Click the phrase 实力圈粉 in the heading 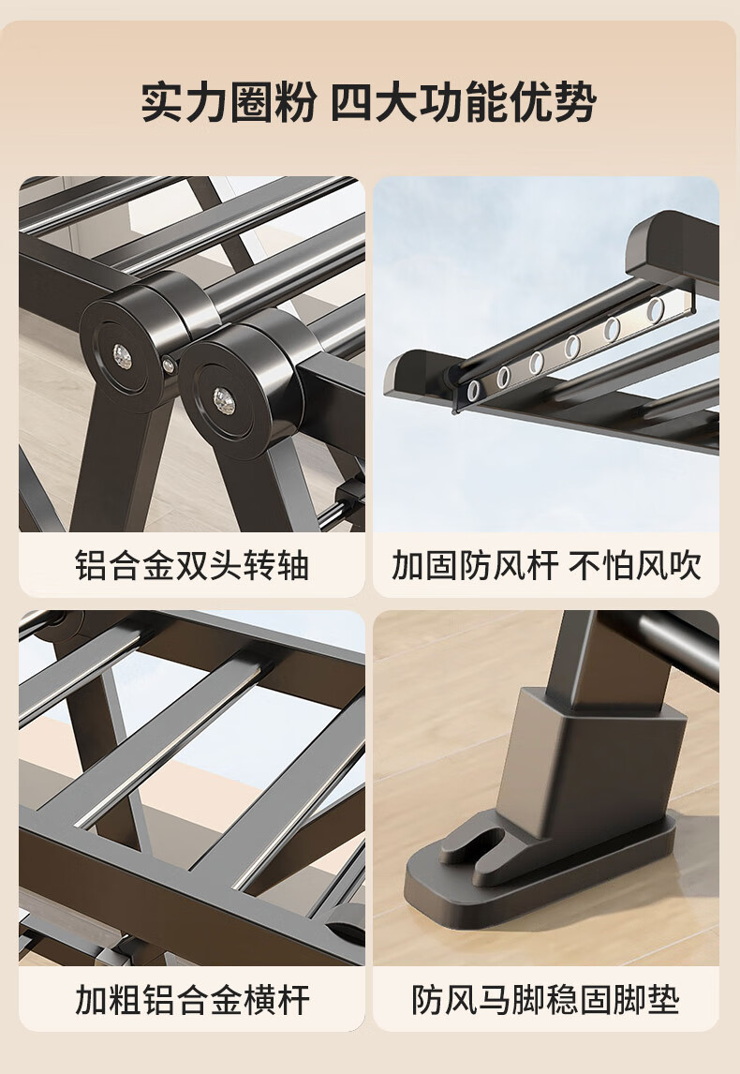coord(229,102)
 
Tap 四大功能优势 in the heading coord(464,102)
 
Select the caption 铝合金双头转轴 coord(192,566)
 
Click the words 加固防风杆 coord(474,566)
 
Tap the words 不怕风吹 coord(634,566)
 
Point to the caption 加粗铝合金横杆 coord(192,999)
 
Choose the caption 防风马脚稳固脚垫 coord(545,999)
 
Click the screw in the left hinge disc coord(123,355)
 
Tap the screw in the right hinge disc coord(223,401)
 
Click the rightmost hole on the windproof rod coord(655,310)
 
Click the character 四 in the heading coord(352,102)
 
